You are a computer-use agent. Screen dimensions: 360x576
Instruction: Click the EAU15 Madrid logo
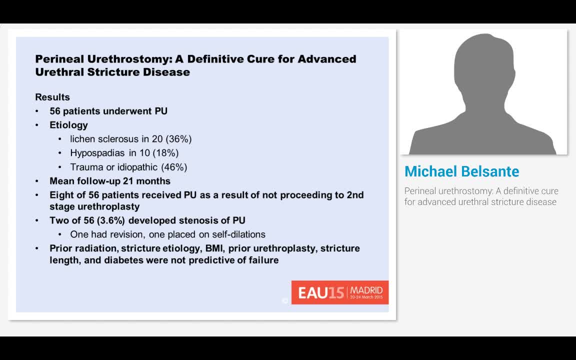coord(339,292)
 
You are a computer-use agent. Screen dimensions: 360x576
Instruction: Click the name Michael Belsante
coord(461,171)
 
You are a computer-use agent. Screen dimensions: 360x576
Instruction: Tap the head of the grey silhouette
coord(483,65)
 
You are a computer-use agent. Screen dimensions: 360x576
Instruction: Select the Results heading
coord(52,97)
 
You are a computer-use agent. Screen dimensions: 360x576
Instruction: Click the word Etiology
coord(68,125)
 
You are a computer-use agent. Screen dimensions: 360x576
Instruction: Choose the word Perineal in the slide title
coord(59,59)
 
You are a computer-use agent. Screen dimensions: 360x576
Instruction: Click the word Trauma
coord(86,167)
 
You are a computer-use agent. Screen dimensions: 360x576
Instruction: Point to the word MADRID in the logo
coord(366,290)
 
